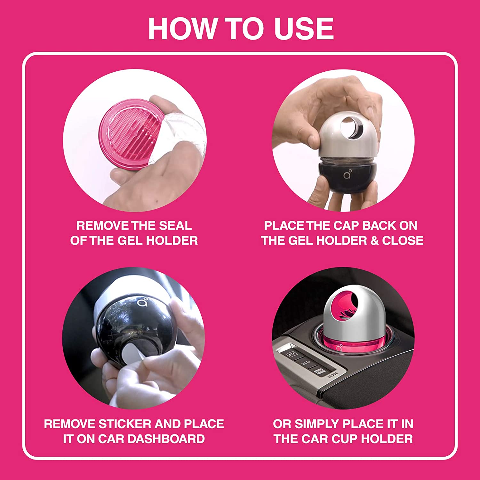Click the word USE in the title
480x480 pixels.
303,29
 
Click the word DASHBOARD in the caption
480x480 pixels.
170,439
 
